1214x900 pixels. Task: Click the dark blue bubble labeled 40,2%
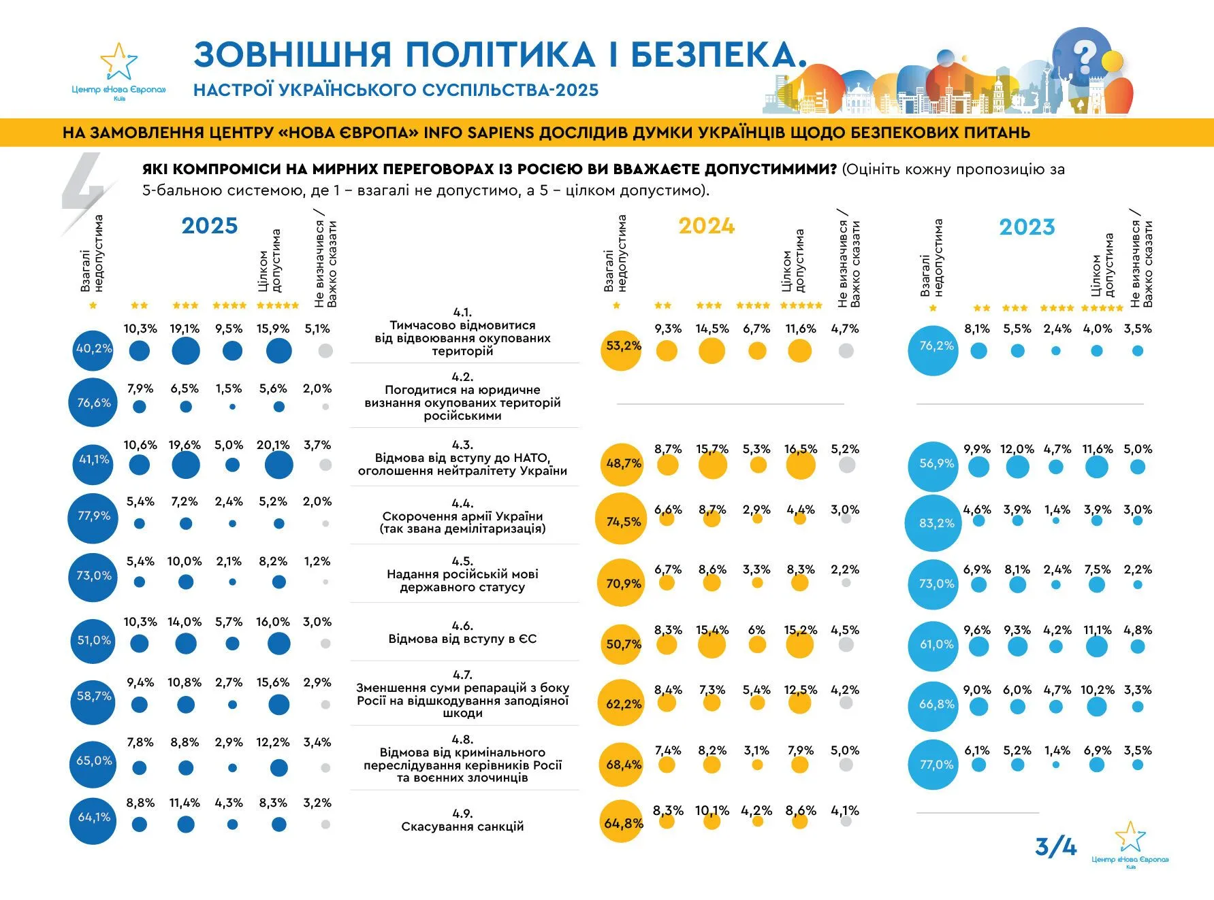pos(93,348)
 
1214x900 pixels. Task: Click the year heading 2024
pos(706,226)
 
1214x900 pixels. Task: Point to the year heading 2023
pos(1027,227)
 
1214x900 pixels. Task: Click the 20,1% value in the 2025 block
pos(273,446)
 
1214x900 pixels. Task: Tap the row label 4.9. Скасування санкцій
pos(462,820)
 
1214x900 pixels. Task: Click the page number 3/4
pos(1055,847)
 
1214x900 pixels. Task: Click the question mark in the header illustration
pos(1087,55)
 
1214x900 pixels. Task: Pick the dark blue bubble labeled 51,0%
pos(93,640)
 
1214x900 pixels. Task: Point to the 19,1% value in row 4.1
pos(185,329)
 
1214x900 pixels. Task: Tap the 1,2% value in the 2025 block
pos(317,562)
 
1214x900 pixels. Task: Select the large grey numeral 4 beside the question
pos(85,184)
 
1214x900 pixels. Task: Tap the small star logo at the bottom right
pos(1130,838)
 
